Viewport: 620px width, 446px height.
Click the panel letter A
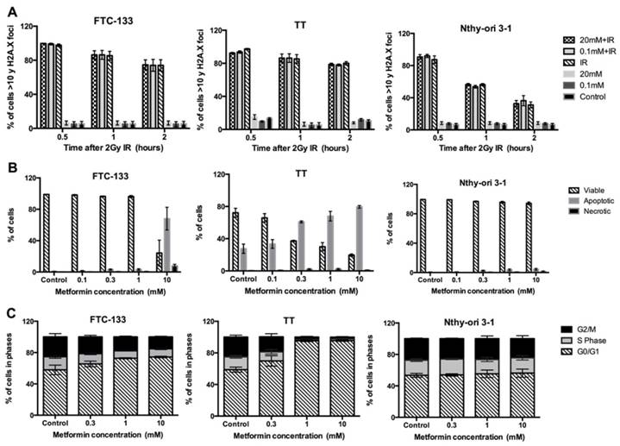(6, 8)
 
